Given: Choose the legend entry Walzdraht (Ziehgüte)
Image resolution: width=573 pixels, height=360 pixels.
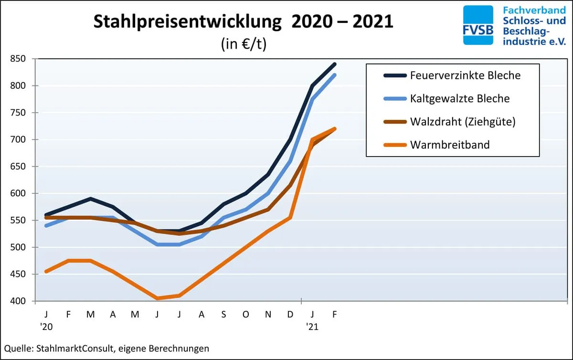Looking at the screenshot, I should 462,122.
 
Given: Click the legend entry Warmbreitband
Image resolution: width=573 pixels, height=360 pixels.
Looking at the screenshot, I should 450,145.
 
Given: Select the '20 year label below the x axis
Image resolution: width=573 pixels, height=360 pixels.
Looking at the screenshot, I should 47,327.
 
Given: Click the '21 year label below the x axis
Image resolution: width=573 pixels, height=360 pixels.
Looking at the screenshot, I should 312,327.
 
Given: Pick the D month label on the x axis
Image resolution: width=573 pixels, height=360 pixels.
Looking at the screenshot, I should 290,314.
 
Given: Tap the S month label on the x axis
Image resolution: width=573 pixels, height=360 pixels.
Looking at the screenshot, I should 223,314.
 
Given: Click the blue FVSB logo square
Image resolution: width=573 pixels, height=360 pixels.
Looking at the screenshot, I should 478,25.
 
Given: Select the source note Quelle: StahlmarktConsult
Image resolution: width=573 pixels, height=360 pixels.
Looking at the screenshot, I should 106,349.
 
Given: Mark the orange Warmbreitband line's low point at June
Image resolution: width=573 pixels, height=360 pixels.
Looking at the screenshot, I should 157,298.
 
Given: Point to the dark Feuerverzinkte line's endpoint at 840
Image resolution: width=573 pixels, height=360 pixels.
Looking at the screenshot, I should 335,64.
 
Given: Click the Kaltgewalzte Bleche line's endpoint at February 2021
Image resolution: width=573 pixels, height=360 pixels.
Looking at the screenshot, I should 335,75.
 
